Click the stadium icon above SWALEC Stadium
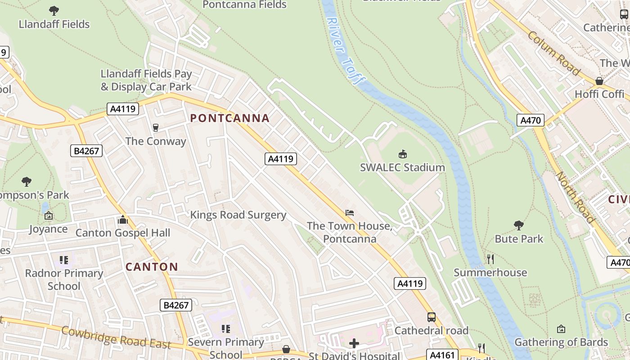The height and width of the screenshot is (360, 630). click(x=403, y=154)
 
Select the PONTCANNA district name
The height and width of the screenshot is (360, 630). click(x=229, y=118)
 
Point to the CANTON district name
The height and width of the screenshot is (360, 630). click(x=152, y=267)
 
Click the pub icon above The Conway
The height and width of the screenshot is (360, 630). click(x=156, y=128)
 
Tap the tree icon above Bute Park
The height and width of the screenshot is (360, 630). click(x=519, y=225)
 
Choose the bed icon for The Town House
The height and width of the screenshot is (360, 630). click(x=350, y=212)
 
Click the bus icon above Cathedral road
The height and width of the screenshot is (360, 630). click(x=431, y=317)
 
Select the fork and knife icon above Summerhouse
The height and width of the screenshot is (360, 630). click(x=490, y=259)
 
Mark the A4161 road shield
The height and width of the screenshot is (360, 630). click(x=442, y=355)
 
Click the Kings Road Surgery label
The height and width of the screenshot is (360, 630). click(x=238, y=215)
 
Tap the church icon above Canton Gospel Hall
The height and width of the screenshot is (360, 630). click(x=122, y=220)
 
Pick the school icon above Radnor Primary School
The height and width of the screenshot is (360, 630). click(x=64, y=260)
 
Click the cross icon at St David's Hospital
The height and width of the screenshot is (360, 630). click(x=354, y=344)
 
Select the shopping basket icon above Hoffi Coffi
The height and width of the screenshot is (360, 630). click(x=599, y=81)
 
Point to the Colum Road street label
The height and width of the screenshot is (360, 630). click(x=553, y=53)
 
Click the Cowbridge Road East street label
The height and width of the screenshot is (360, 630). click(x=116, y=338)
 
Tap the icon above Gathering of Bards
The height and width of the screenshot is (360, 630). click(x=561, y=329)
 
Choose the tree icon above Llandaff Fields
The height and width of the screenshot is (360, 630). click(x=54, y=11)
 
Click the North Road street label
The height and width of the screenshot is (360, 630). click(x=576, y=197)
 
